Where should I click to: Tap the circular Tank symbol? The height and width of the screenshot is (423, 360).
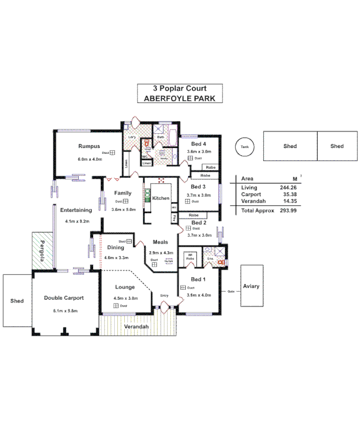click(244, 146)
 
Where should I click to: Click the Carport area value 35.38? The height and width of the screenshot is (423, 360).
click(289, 195)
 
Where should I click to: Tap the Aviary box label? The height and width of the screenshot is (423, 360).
click(251, 286)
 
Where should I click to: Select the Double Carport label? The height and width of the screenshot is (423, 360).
click(64, 298)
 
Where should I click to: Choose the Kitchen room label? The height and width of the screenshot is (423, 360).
click(161, 198)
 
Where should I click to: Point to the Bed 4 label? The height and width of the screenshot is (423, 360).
click(198, 144)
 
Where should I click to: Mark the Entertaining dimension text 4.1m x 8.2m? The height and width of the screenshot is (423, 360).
click(77, 221)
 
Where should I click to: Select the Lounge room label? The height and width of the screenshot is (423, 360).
click(125, 287)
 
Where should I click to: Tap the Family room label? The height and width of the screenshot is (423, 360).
click(123, 193)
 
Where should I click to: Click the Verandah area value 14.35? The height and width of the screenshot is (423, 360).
click(289, 201)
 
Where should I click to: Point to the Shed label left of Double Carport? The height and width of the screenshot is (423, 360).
click(17, 301)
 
